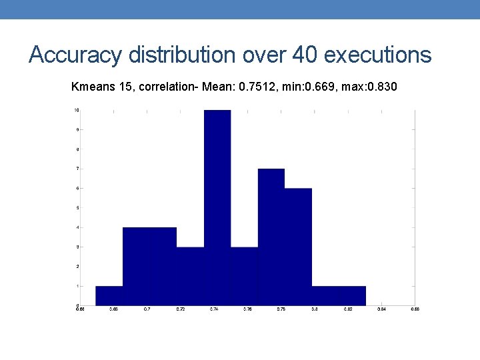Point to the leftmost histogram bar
point(109,295)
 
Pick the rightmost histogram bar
point(352,295)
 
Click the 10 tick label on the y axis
point(77,110)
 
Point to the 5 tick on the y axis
point(77,208)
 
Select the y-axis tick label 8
point(77,149)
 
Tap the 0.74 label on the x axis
point(214,309)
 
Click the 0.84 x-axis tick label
point(381,309)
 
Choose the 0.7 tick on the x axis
point(147,309)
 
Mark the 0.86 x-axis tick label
point(415,309)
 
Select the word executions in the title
point(378,55)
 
